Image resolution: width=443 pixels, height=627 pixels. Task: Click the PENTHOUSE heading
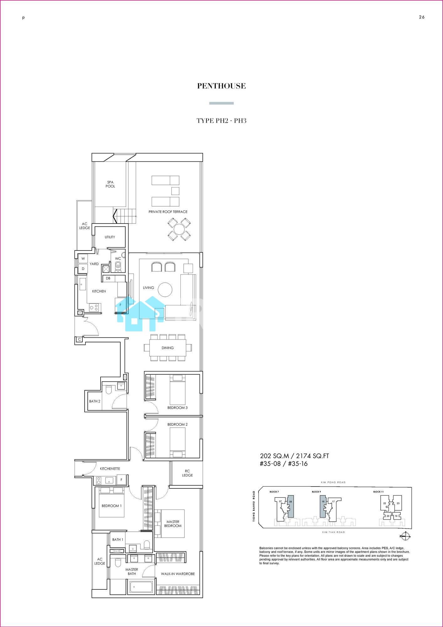(x=221, y=86)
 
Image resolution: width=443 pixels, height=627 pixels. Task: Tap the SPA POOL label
(x=110, y=184)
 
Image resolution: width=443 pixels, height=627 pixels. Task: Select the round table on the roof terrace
(x=179, y=229)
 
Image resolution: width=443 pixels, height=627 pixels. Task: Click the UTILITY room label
(x=110, y=237)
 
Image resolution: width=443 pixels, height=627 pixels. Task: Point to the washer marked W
(x=83, y=259)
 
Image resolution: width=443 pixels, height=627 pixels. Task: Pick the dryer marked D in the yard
(x=83, y=269)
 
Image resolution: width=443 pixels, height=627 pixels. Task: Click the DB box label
(x=108, y=278)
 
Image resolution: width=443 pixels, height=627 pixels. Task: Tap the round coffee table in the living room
(x=165, y=289)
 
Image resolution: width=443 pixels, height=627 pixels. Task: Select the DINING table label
(x=168, y=348)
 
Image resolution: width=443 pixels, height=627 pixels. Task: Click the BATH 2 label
(x=95, y=401)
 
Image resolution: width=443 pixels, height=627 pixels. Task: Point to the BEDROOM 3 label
(x=177, y=408)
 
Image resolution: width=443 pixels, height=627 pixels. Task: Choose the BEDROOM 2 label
(x=177, y=424)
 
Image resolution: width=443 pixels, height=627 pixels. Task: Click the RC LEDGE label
(x=187, y=473)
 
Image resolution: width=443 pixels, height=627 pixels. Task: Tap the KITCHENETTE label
(x=110, y=469)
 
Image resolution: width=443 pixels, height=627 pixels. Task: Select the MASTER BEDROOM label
(x=173, y=524)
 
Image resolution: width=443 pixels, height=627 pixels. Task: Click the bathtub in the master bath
(x=141, y=586)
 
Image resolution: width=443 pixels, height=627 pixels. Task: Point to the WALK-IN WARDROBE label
(x=178, y=574)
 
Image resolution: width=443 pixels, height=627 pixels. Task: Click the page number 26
(x=422, y=17)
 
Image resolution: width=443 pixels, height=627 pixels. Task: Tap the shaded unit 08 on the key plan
(x=291, y=506)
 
